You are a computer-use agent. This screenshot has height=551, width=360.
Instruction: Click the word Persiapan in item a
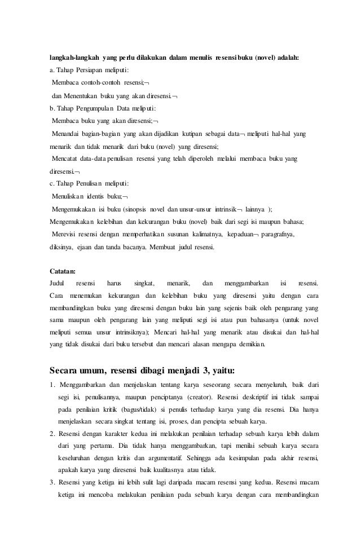tap(86, 70)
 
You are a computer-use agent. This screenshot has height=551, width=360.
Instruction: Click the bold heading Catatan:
tap(64, 270)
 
